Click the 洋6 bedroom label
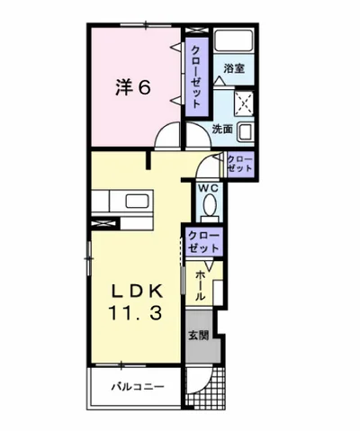click(132, 88)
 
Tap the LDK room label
click(138, 291)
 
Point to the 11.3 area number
click(137, 313)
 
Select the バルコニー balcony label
click(138, 387)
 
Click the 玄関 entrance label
click(199, 336)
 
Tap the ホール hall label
click(200, 285)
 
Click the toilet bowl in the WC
click(210, 205)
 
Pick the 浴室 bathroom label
click(234, 68)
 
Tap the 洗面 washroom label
click(222, 129)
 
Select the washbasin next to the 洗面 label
click(246, 132)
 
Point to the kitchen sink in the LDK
click(138, 201)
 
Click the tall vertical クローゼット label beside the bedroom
click(196, 76)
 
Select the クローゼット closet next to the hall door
click(239, 164)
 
